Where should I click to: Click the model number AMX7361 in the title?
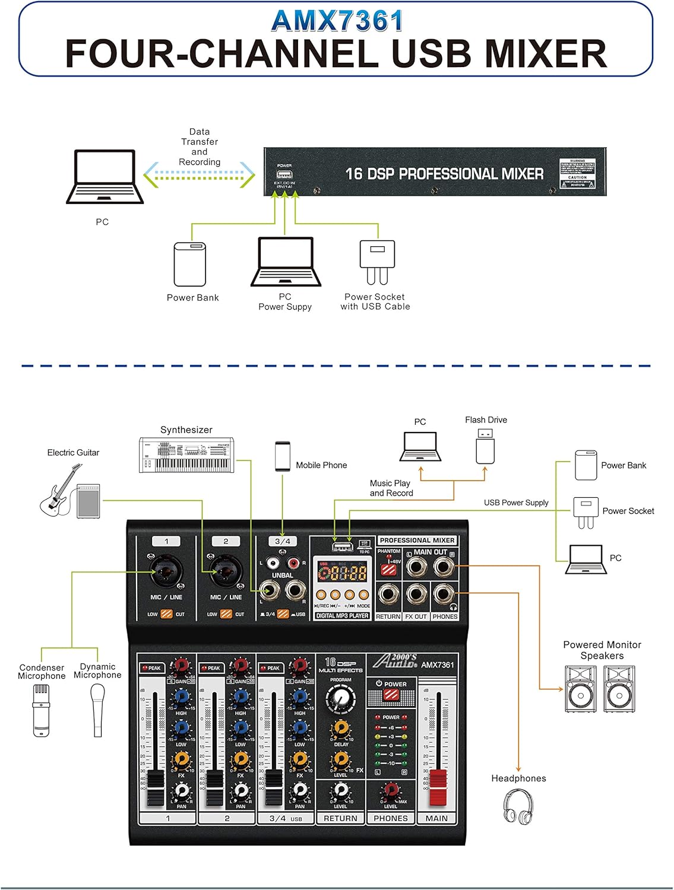coord(337,21)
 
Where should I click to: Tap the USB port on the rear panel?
coord(284,174)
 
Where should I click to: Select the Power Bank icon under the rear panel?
coord(190,264)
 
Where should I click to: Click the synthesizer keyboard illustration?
coord(186,455)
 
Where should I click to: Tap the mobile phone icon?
coord(282,456)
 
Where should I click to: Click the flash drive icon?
coord(485,447)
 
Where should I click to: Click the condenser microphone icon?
coord(41,710)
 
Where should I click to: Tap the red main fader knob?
coord(438,787)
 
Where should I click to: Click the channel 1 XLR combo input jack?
coord(166,571)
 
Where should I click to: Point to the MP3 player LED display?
coord(342,573)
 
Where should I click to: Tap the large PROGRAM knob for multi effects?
coord(341,700)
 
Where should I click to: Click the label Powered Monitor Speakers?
coord(602,650)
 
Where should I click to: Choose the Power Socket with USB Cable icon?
coord(376,261)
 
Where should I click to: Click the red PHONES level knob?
coord(390,790)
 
